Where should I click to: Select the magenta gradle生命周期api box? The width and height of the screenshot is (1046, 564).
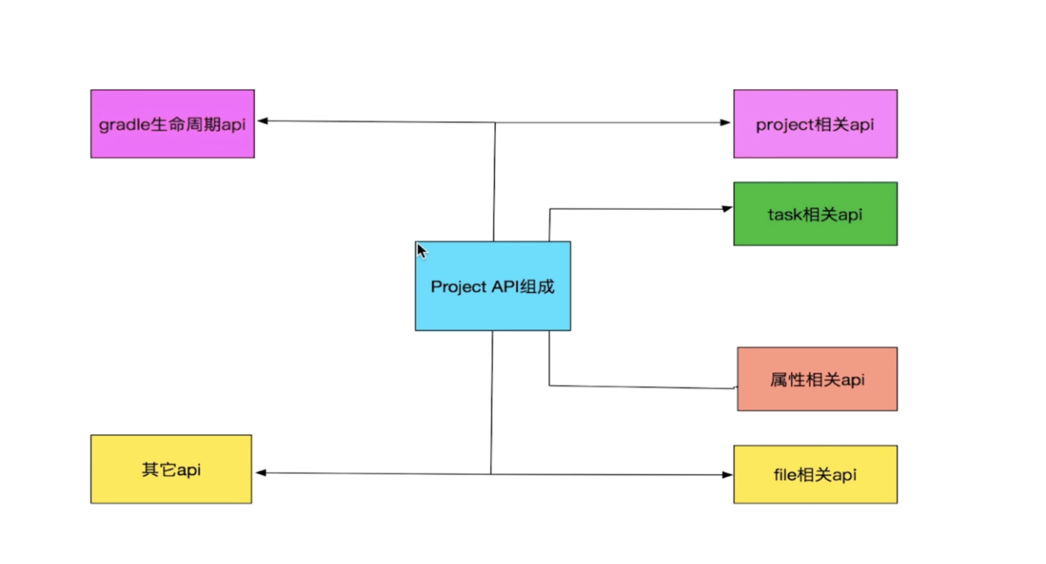click(x=172, y=124)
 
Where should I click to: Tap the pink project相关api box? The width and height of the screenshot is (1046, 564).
click(x=815, y=124)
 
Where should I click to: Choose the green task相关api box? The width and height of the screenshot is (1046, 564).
click(x=815, y=213)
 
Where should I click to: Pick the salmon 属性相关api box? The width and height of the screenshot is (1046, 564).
click(x=817, y=379)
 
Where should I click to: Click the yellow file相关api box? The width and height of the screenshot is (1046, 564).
click(x=815, y=474)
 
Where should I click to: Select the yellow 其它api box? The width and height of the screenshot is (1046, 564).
click(x=171, y=469)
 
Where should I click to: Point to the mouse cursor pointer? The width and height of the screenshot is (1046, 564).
click(x=421, y=250)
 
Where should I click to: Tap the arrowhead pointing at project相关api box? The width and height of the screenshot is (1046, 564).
click(x=725, y=123)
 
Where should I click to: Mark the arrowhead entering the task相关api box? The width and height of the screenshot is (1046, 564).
click(x=727, y=209)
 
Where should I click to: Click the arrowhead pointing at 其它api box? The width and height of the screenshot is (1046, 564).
click(x=261, y=472)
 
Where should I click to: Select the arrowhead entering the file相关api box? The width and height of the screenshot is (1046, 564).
click(x=727, y=475)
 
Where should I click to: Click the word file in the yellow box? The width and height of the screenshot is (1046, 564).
click(x=785, y=475)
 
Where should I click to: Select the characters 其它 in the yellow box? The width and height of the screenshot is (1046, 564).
click(x=159, y=469)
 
